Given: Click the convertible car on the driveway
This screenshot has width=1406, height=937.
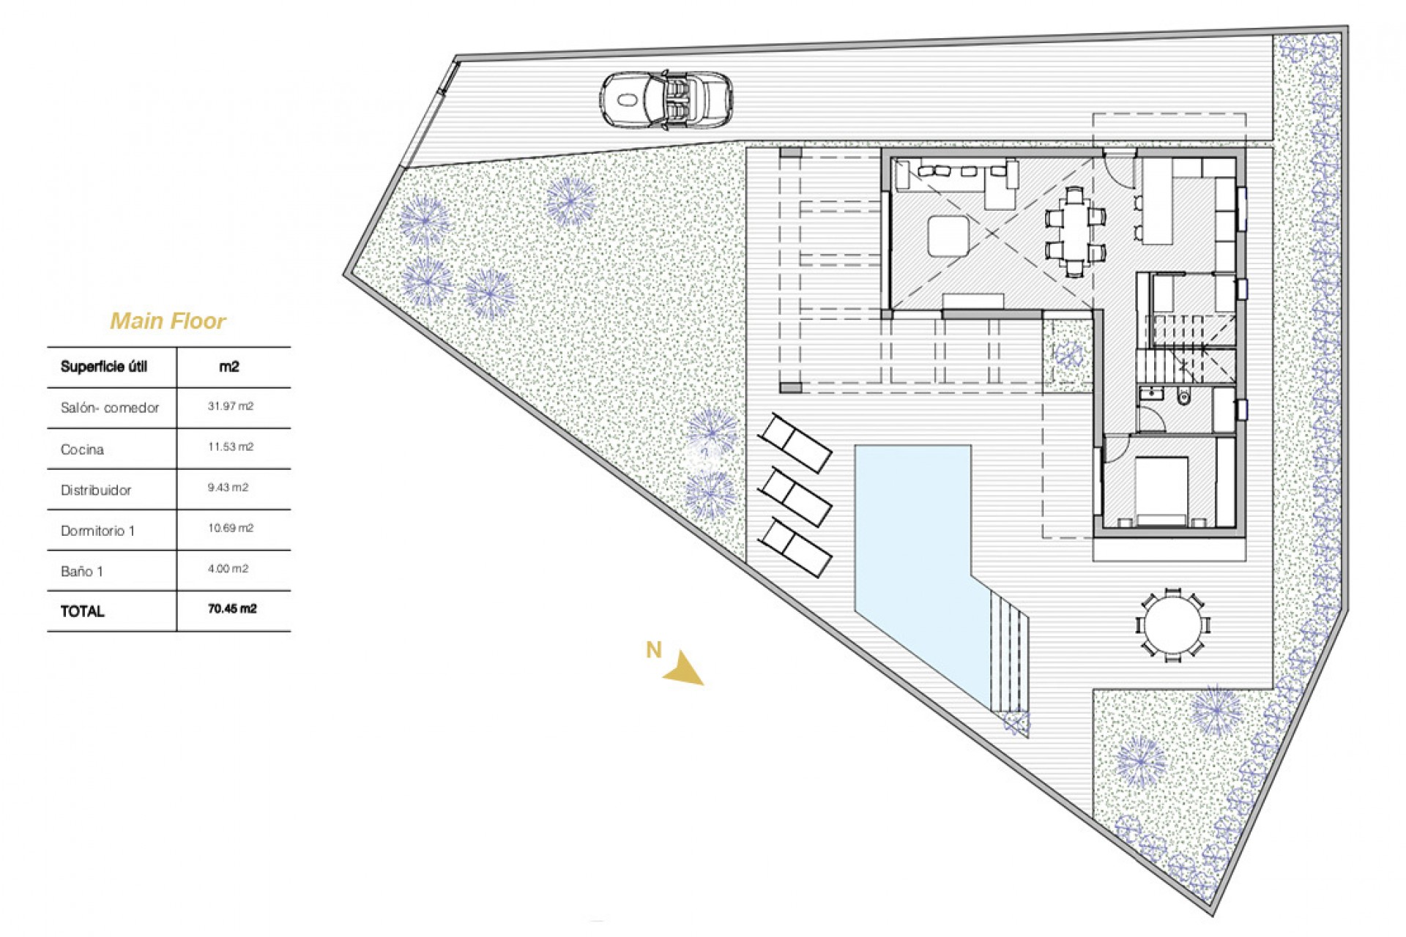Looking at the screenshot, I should coord(666,100).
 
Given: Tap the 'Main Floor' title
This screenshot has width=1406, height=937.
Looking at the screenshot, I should coord(168,321).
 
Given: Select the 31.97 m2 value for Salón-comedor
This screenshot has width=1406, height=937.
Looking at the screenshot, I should coord(230,406).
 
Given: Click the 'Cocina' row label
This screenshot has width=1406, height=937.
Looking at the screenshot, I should coord(82,449).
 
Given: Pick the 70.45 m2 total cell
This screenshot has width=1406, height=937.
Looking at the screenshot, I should coord(232,609).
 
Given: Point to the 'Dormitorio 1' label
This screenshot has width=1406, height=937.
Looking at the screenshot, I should coord(97,531).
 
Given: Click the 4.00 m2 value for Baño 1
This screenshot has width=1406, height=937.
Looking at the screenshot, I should coord(228,569).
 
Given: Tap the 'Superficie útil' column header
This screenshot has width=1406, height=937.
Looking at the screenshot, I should coord(104,367).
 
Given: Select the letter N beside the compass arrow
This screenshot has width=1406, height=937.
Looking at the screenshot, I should coord(653,649).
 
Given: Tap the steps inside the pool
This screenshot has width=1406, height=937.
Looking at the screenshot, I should coord(1008,652).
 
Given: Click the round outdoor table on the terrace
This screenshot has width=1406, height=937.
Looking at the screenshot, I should coord(1172,626).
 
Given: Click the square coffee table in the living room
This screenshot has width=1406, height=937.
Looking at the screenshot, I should coord(948,236).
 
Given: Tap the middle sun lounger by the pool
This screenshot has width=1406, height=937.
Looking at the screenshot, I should coord(795,497).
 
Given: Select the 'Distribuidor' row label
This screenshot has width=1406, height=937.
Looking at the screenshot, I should coord(96,490).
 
